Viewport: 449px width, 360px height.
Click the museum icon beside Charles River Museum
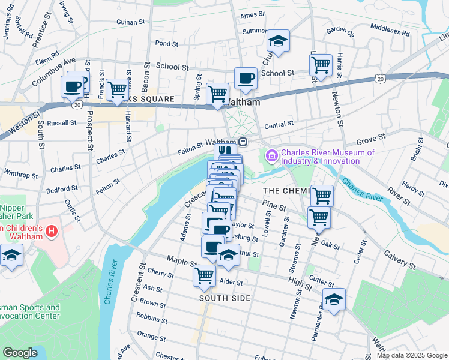coord(272,157)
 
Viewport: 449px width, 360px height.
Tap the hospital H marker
coord(51,230)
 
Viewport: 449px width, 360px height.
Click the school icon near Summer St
coord(277,41)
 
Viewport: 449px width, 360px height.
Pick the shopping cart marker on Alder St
coord(204,276)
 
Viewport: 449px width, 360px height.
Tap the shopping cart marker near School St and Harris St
coord(322,64)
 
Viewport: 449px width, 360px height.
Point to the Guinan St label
coord(131,22)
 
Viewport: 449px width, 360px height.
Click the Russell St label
coord(62,122)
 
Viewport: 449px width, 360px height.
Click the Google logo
coord(20,353)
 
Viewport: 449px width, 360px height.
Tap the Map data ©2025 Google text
coord(411,355)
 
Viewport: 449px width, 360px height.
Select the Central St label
coord(278,125)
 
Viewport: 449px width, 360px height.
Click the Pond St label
coord(167,43)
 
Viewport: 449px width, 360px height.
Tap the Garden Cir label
coord(341,29)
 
